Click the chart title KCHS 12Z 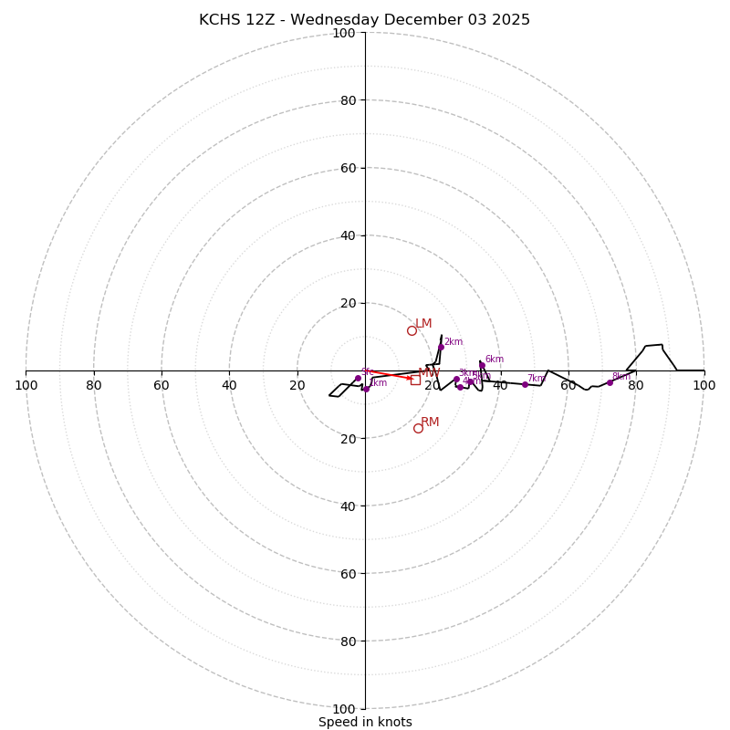[364, 20]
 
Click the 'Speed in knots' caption [365, 722]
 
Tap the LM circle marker [412, 330]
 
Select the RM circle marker [418, 428]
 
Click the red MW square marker [415, 380]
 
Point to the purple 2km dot [441, 347]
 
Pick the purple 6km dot [482, 365]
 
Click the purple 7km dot [525, 384]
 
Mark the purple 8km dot [610, 382]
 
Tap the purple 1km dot [366, 389]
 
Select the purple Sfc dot [358, 378]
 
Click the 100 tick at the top [343, 33]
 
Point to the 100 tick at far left [26, 385]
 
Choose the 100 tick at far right [704, 385]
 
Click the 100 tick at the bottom [343, 709]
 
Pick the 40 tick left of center [229, 385]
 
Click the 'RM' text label [430, 422]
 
